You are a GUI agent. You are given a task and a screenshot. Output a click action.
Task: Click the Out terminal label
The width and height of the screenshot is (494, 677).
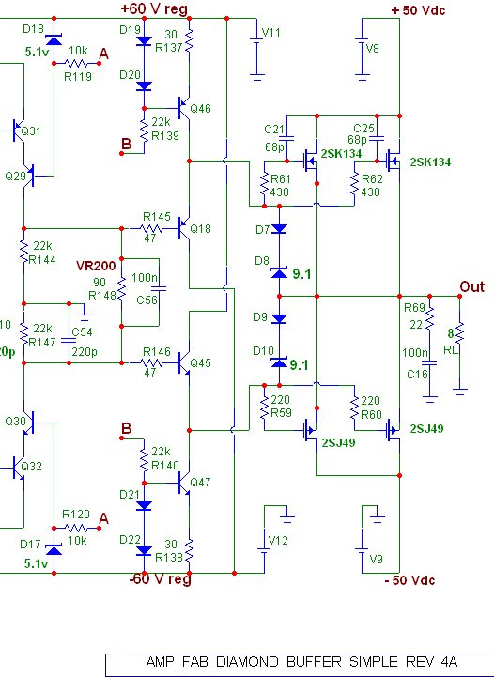(472, 286)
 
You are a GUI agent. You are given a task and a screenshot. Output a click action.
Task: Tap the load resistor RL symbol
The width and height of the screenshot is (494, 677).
(460, 333)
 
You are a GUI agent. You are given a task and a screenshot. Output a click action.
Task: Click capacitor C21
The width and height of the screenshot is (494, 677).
(286, 139)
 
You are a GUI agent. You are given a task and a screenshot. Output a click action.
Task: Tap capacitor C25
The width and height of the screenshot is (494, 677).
(377, 139)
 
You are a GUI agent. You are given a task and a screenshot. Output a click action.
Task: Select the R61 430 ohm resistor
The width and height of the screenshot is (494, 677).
(264, 185)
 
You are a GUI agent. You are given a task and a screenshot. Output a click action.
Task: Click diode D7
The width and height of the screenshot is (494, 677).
(279, 228)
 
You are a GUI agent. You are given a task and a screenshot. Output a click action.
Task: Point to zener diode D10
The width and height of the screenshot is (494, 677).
(279, 362)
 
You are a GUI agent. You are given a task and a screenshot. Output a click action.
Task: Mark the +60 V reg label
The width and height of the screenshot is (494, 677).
(154, 8)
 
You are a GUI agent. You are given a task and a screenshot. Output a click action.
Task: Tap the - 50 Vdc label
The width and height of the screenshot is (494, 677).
(409, 580)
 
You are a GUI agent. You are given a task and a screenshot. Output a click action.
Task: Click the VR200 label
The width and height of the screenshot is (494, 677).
(96, 266)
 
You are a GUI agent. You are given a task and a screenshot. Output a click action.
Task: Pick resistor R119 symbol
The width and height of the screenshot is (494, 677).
(77, 64)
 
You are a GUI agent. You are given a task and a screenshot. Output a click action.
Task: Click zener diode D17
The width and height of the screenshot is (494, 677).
(54, 549)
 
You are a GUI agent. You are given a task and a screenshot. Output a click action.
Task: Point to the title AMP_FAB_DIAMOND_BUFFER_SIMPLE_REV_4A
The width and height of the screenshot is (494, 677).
(301, 662)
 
